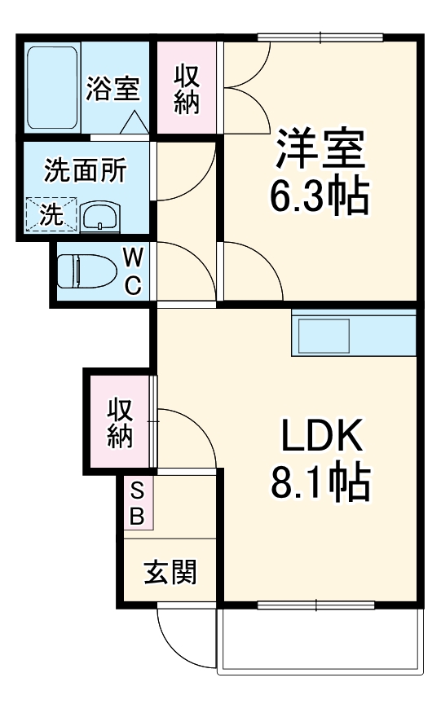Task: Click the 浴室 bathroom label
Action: click(114, 88)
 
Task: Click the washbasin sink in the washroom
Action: click(100, 217)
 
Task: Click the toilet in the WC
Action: click(88, 271)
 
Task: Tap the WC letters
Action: click(134, 272)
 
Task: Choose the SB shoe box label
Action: click(137, 504)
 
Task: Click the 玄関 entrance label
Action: click(170, 574)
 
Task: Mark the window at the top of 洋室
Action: click(320, 36)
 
